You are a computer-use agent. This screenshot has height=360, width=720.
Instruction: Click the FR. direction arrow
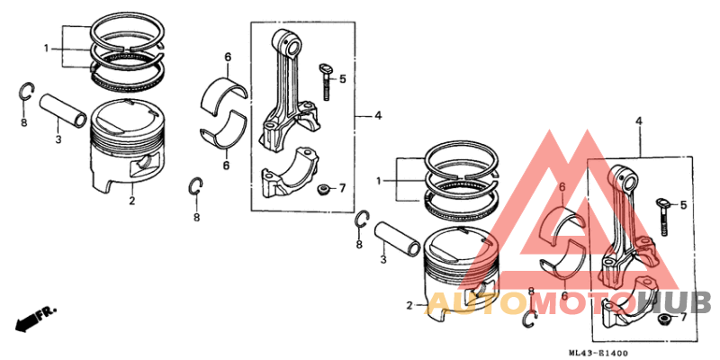[x=34, y=318]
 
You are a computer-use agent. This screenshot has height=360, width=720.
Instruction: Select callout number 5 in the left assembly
[x=342, y=79]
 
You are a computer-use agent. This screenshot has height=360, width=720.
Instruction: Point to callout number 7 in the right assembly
[x=682, y=318]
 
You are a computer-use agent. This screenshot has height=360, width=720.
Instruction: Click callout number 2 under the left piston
[x=131, y=200]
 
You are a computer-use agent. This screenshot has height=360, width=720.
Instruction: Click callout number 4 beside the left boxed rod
[x=379, y=115]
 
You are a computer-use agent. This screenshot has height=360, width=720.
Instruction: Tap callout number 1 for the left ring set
[x=46, y=47]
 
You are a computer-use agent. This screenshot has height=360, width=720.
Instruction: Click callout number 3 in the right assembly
[x=382, y=260]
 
